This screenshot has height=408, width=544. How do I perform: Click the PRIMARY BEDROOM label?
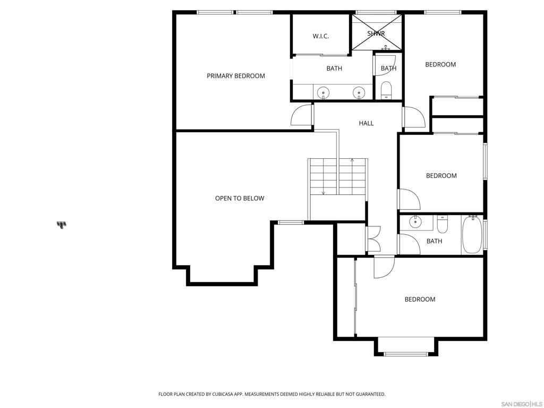[x=235, y=76]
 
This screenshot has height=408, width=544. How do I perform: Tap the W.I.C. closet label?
[x=320, y=36]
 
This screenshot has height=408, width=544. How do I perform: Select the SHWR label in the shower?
[x=376, y=33]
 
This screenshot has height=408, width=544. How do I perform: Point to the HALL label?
[x=366, y=123]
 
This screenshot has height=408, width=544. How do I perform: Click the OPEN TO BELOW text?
[x=239, y=198]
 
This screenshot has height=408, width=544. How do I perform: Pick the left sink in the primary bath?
[x=324, y=93]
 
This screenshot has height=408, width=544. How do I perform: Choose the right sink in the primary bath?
[x=360, y=93]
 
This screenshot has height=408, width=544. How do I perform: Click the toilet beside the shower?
[x=386, y=90]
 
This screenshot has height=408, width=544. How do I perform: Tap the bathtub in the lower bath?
[x=471, y=234]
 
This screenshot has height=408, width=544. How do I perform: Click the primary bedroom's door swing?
[x=301, y=116]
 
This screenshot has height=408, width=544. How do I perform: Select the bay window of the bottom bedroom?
[x=406, y=353]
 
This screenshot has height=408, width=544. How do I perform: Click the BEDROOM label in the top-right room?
[x=440, y=65]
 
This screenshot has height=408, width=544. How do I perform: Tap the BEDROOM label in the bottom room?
[x=420, y=300]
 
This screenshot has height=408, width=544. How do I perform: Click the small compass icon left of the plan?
[x=62, y=225]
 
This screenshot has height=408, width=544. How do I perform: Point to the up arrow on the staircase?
[x=352, y=160]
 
